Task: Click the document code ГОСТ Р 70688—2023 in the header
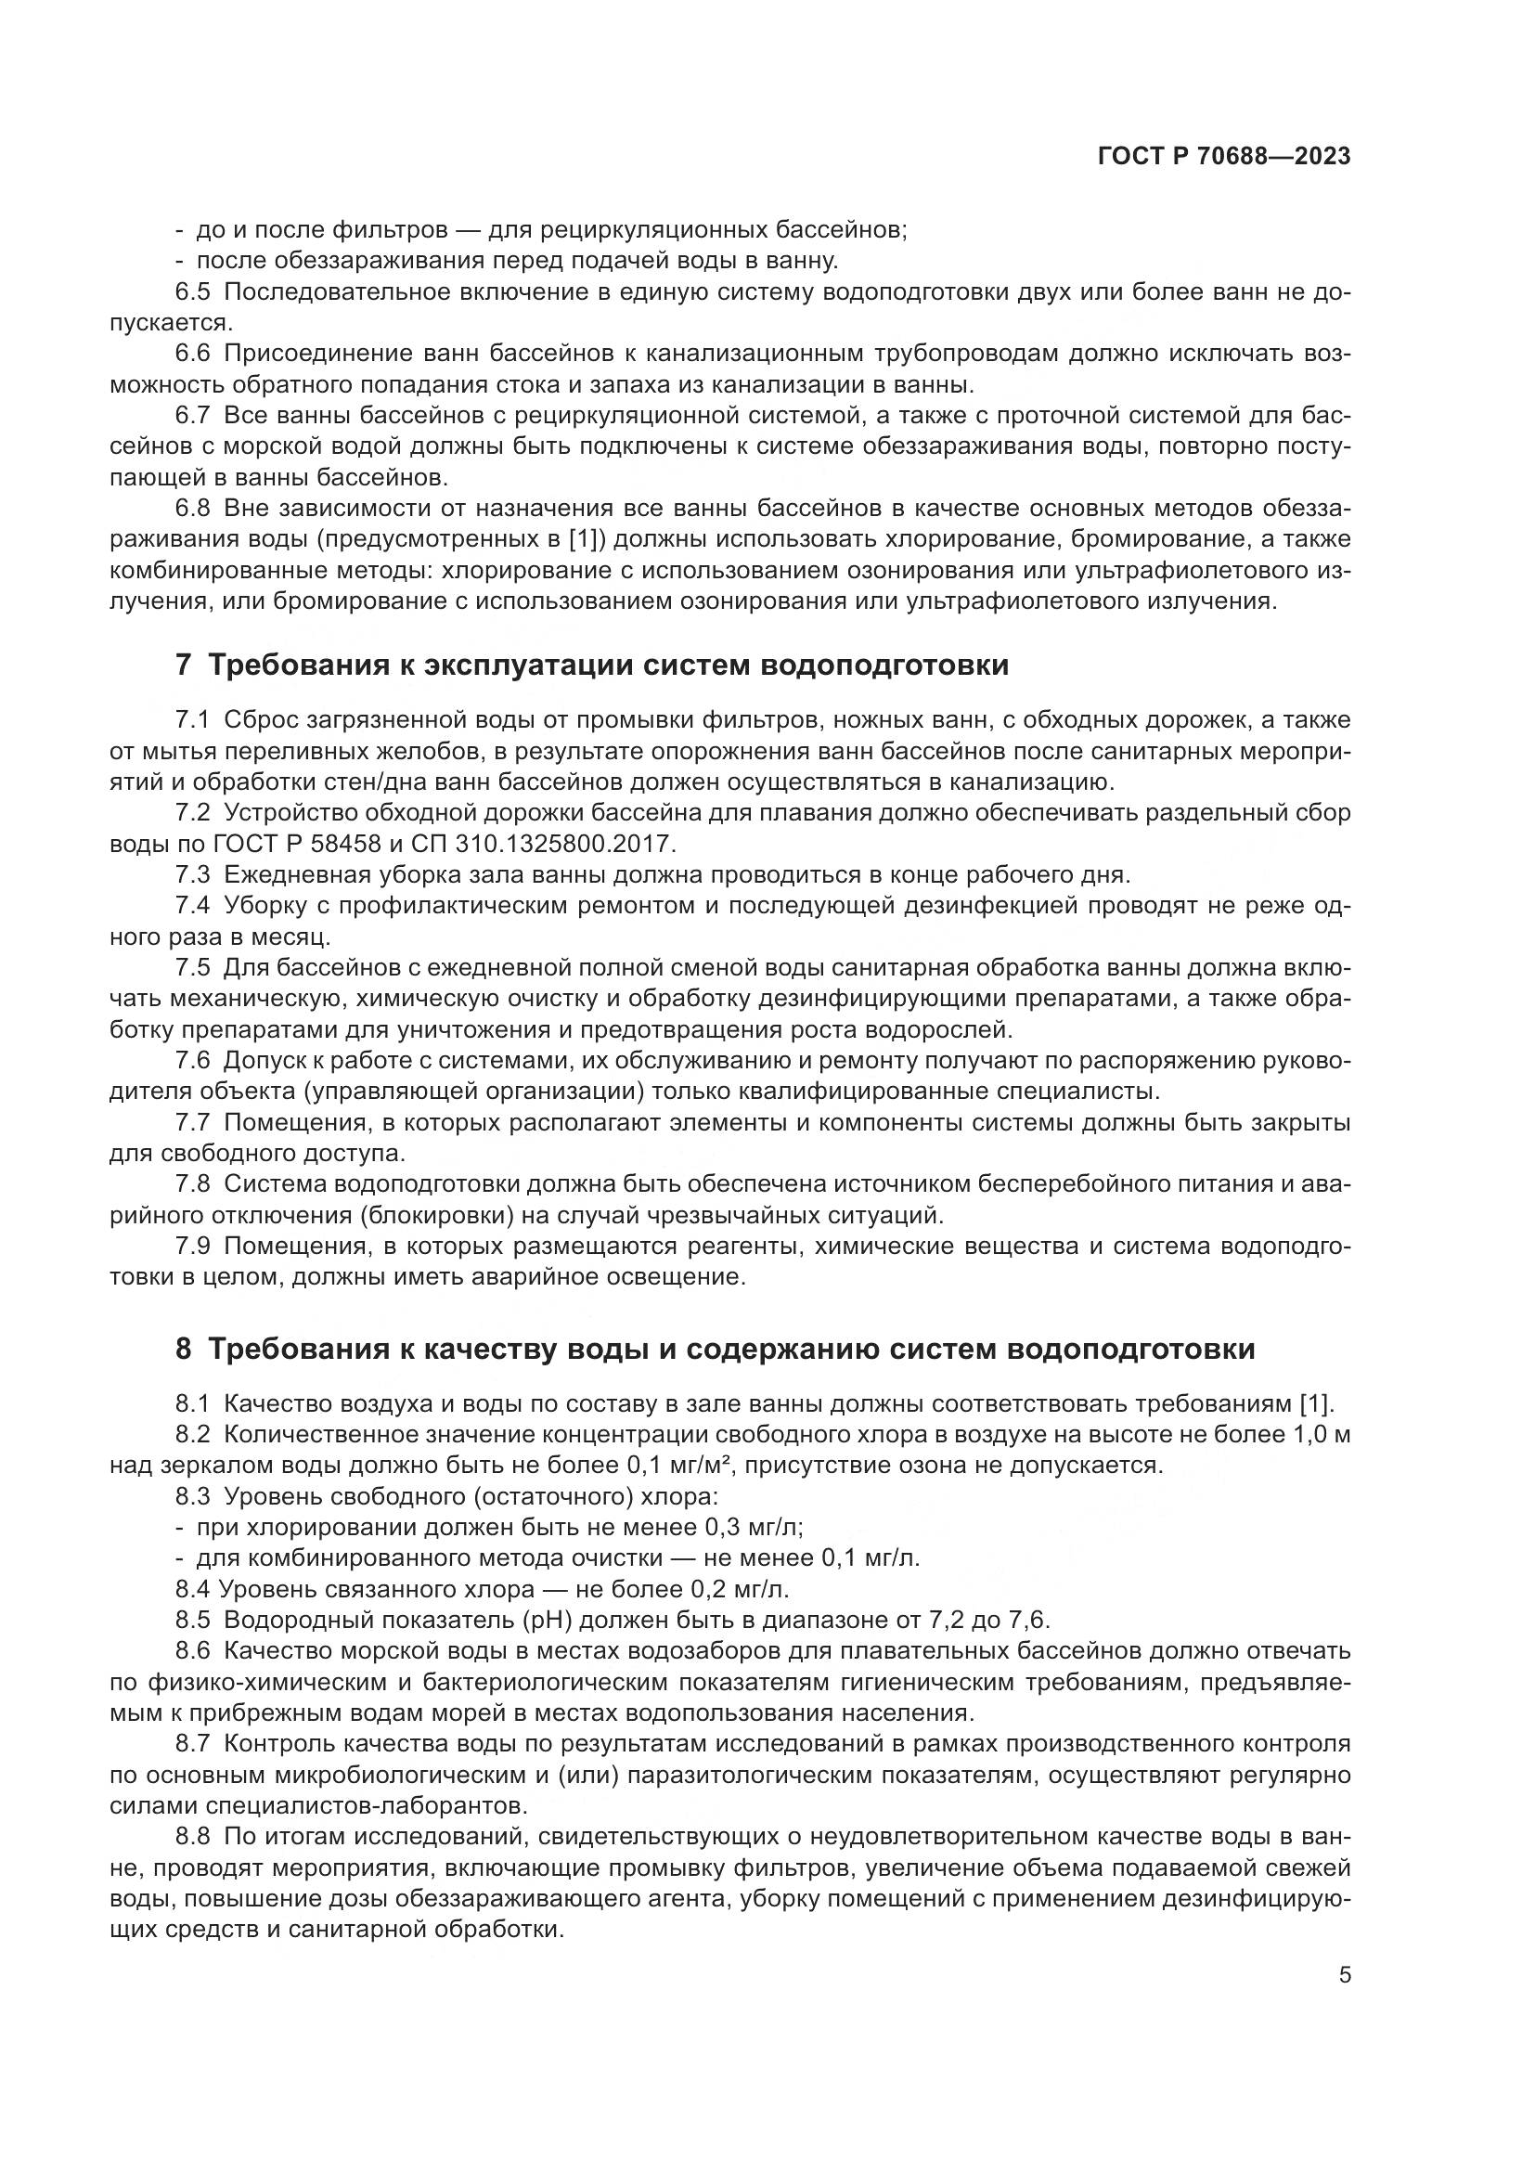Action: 1224,157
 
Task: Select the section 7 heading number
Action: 184,665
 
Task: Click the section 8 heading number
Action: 184,1349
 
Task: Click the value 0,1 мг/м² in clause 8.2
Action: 688,1466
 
